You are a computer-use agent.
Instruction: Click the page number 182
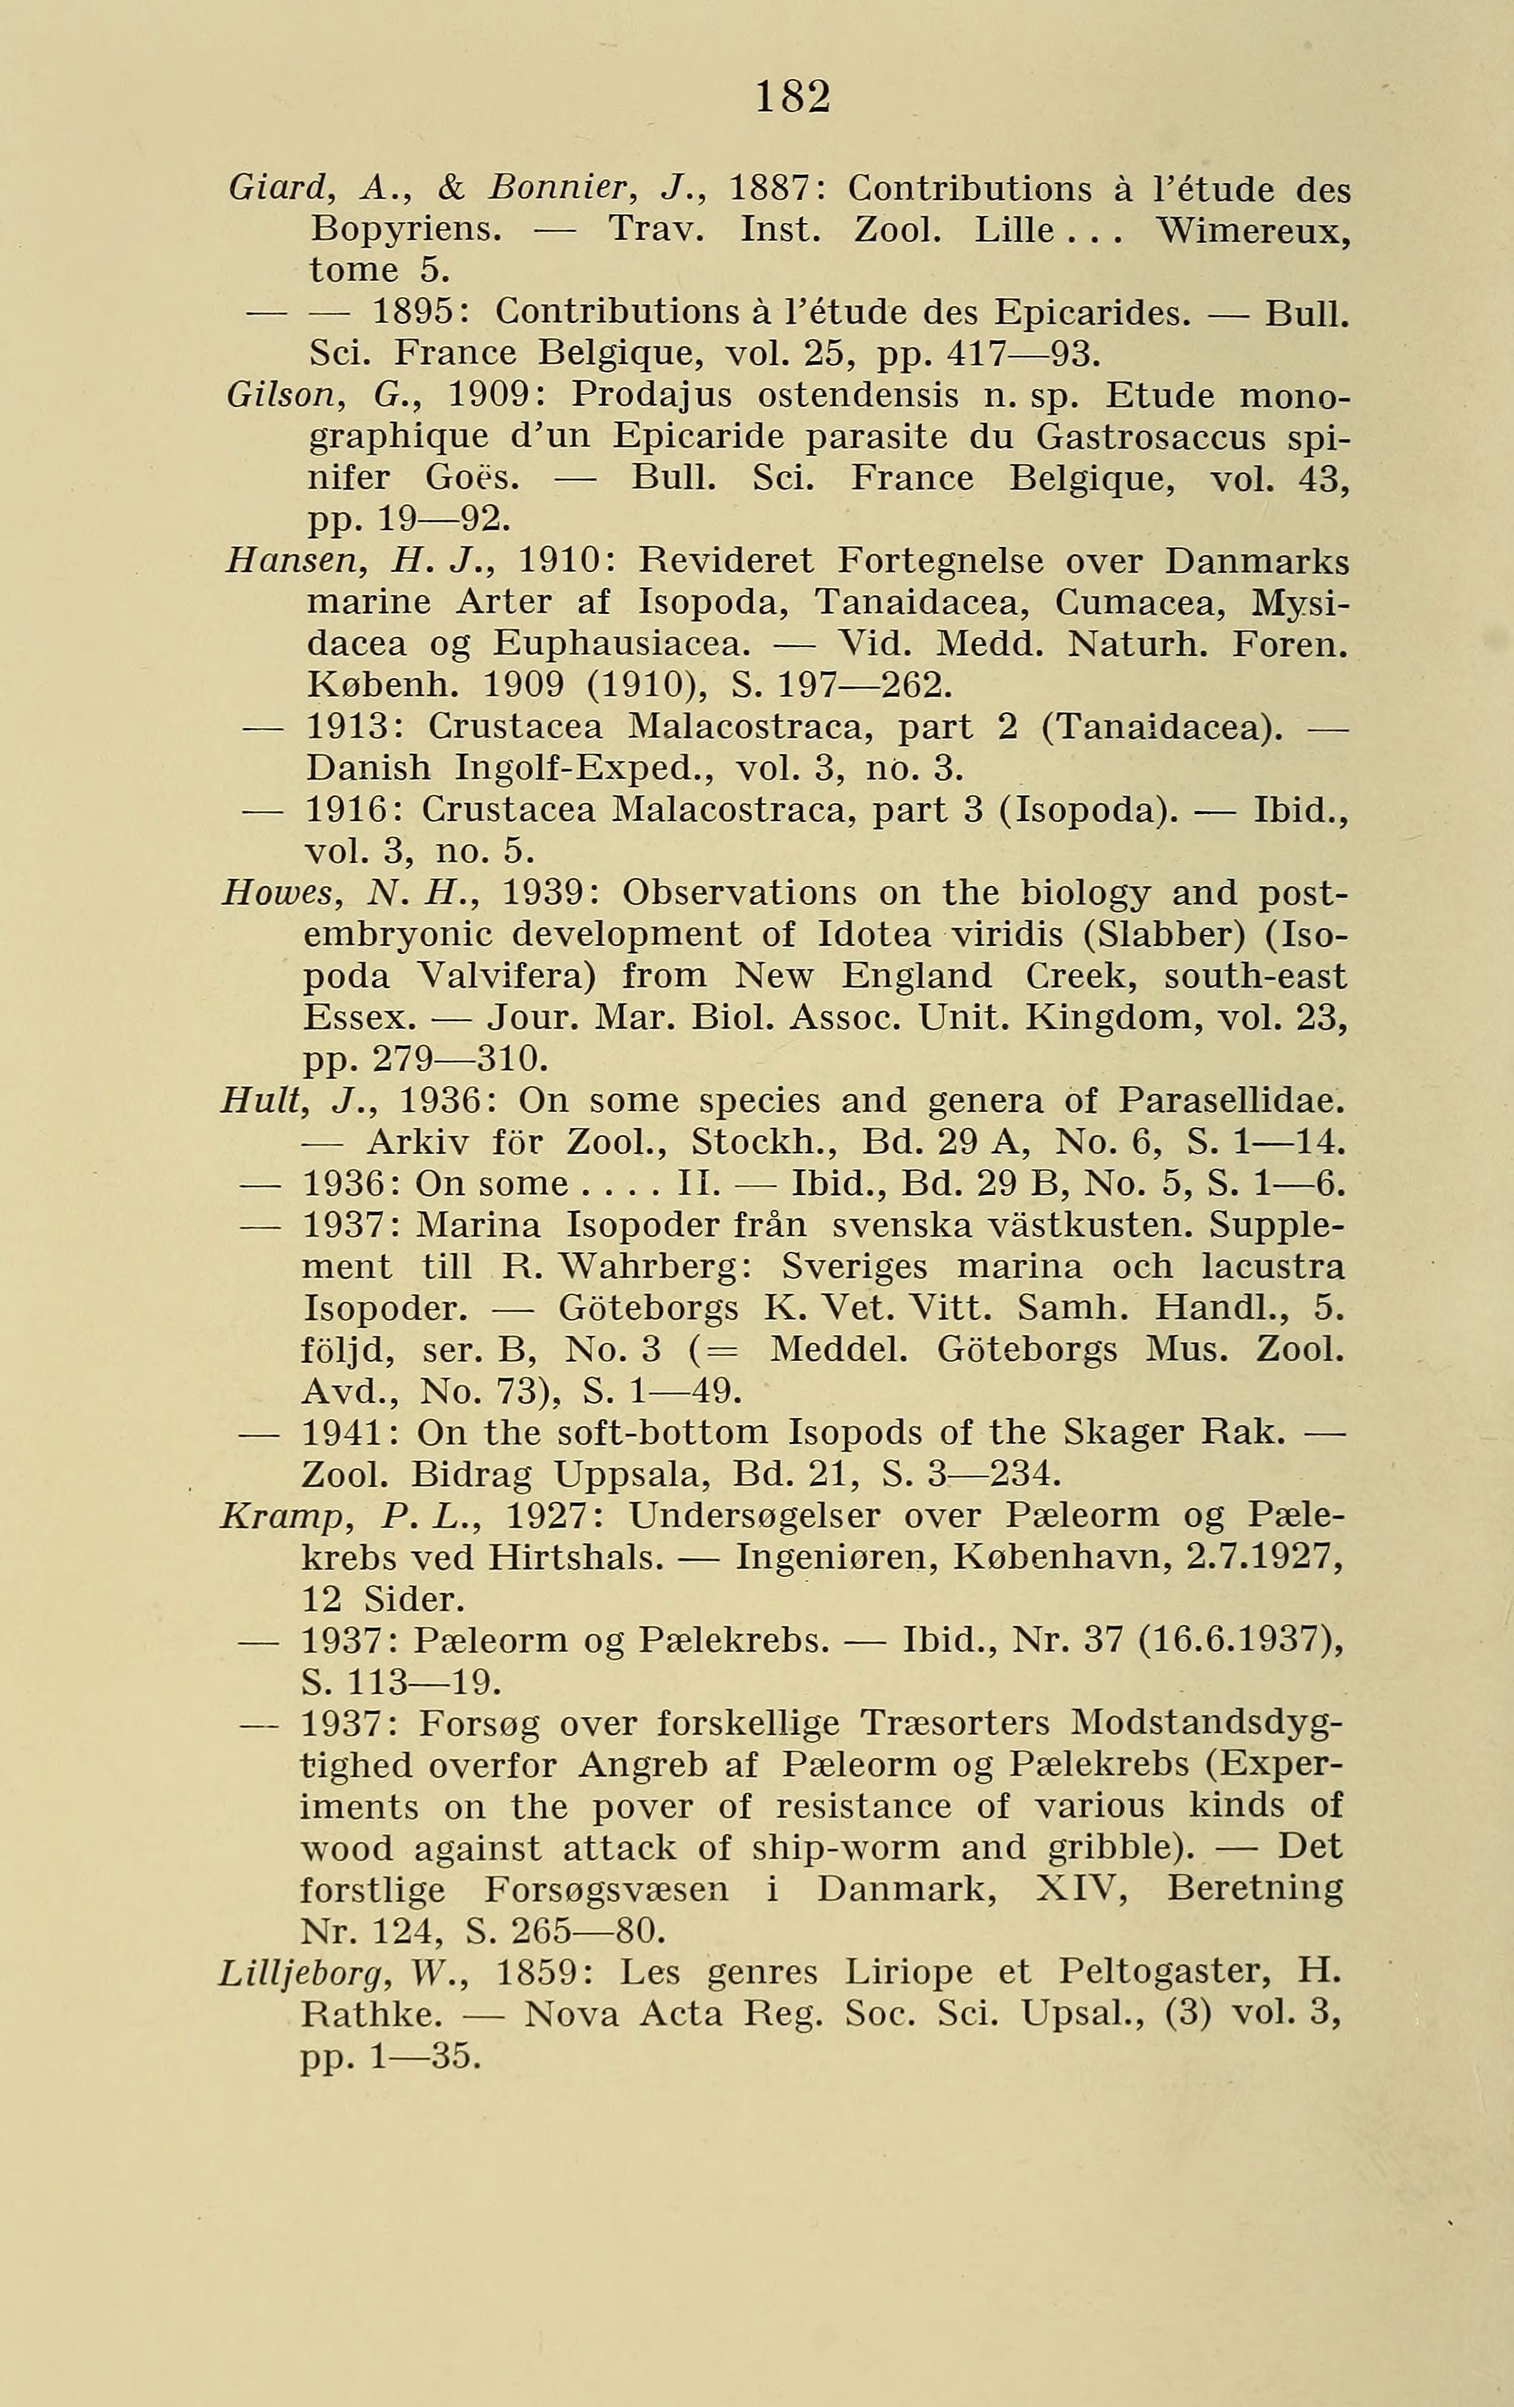pos(792,97)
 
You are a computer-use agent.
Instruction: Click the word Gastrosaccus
pos(1151,438)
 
